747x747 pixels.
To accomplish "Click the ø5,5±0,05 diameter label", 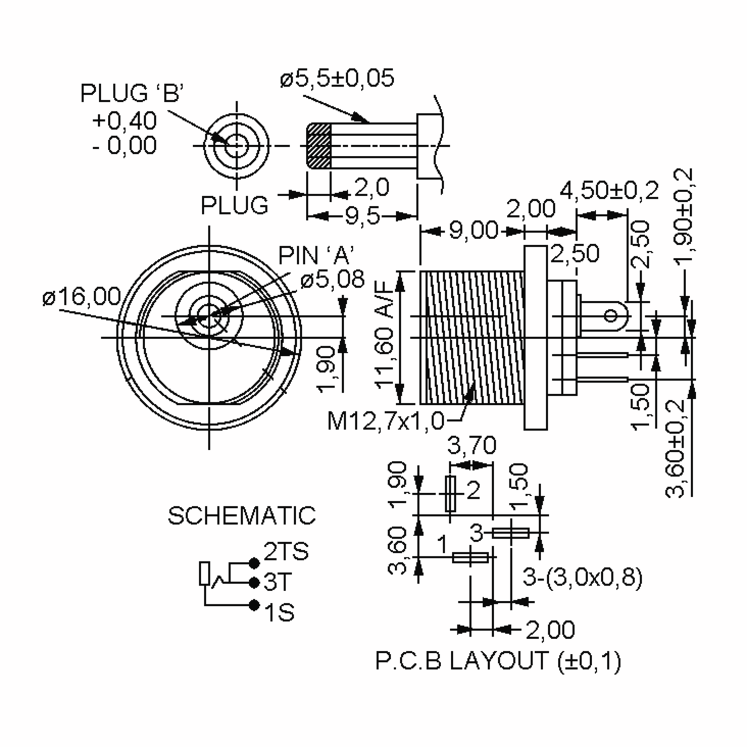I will tap(337, 78).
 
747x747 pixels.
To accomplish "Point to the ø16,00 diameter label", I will tap(82, 297).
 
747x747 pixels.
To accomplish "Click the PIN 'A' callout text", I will tap(316, 256).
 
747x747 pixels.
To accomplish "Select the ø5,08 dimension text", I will tap(332, 279).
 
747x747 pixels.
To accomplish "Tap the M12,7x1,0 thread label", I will tap(386, 421).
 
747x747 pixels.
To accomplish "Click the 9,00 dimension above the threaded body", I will tap(474, 231).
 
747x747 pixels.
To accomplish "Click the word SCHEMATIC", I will tap(241, 515).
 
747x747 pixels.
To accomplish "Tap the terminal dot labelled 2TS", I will tap(254, 563).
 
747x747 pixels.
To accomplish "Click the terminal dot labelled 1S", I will tap(254, 605).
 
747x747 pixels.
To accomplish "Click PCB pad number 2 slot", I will tap(450, 494).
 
